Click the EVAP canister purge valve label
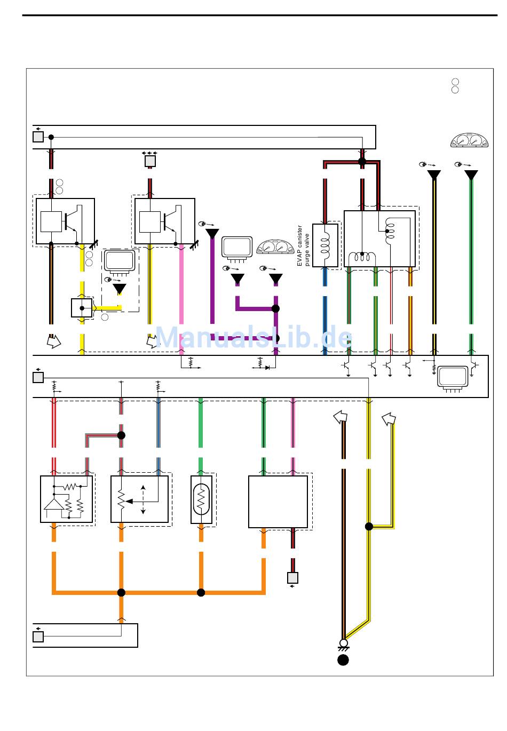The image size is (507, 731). (303, 245)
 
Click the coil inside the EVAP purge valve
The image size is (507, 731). (324, 245)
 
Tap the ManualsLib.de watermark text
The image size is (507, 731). (253, 338)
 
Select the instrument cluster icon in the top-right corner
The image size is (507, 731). (469, 140)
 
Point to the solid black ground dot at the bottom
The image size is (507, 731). (343, 660)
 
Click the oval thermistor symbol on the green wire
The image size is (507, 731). (201, 499)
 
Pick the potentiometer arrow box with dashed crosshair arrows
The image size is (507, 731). (140, 499)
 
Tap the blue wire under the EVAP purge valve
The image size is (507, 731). (324, 309)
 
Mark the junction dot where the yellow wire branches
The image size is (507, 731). (369, 527)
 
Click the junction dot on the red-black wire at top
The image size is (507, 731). (362, 161)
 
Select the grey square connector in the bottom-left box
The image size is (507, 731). (38, 637)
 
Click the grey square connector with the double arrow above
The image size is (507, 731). (150, 161)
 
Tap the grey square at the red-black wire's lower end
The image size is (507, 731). (292, 577)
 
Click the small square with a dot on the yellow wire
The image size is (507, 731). (82, 308)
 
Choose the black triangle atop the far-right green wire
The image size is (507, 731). (471, 175)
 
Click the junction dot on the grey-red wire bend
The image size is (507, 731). (121, 435)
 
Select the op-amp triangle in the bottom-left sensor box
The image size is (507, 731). (53, 504)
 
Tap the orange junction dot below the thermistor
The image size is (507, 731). (201, 592)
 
